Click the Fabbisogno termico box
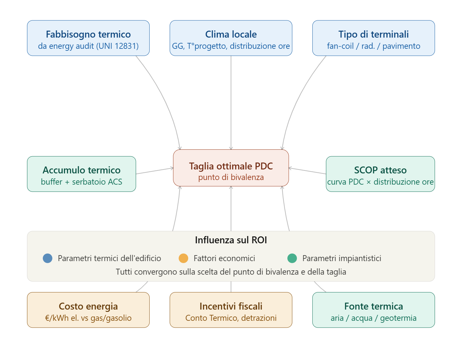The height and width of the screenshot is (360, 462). (x=88, y=38)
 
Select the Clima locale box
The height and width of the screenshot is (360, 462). (x=231, y=38)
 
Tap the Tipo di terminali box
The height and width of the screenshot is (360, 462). (x=373, y=38)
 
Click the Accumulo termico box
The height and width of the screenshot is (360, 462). (x=81, y=174)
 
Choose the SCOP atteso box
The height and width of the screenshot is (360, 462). (x=380, y=174)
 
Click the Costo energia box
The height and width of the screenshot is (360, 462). (x=88, y=310)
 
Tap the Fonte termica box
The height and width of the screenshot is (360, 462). (x=373, y=310)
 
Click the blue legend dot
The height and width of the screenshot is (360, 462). (x=47, y=258)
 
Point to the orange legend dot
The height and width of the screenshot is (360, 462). (x=183, y=258)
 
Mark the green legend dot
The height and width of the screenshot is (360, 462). (x=292, y=258)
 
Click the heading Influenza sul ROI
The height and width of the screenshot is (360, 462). (x=231, y=240)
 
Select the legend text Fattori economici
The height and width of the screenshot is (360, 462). (x=224, y=258)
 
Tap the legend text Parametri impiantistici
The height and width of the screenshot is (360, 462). (x=342, y=258)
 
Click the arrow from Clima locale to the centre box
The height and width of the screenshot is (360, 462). (x=231, y=102)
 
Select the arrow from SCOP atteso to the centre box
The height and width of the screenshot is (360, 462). (x=307, y=171)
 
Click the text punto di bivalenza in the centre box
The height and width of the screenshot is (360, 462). (x=231, y=177)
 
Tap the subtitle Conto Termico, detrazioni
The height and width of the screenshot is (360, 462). (x=231, y=318)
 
